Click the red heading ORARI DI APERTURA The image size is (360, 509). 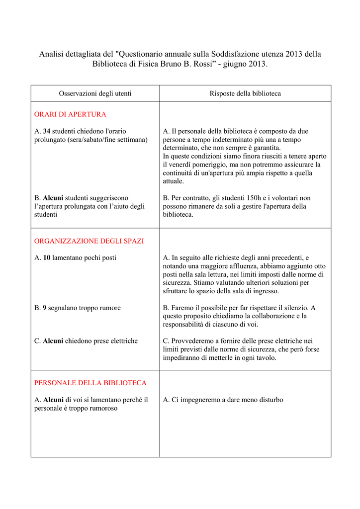70,114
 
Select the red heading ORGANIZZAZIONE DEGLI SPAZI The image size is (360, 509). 89,241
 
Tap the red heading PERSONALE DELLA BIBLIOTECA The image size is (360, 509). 90,383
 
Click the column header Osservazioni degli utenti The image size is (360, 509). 95,93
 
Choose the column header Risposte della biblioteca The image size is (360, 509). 245,93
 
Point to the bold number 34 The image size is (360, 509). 47,131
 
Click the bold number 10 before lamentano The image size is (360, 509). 47,258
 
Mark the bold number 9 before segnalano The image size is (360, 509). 45,308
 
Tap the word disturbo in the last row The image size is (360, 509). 269,400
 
